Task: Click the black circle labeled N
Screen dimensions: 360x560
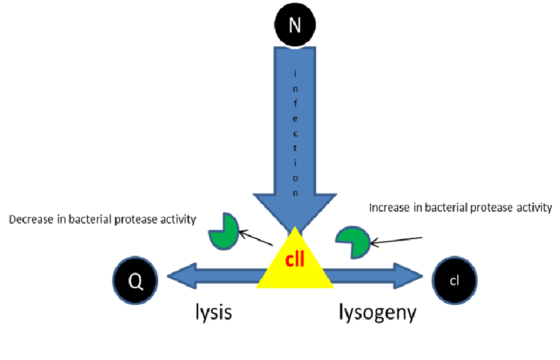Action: click(x=294, y=25)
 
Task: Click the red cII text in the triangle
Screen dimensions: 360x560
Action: click(x=294, y=261)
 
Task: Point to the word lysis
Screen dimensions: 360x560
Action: click(x=213, y=312)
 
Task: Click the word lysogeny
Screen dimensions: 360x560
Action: click(x=378, y=313)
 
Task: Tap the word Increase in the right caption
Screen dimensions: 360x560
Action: click(x=388, y=208)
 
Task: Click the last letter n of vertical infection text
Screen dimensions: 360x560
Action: click(x=295, y=192)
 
